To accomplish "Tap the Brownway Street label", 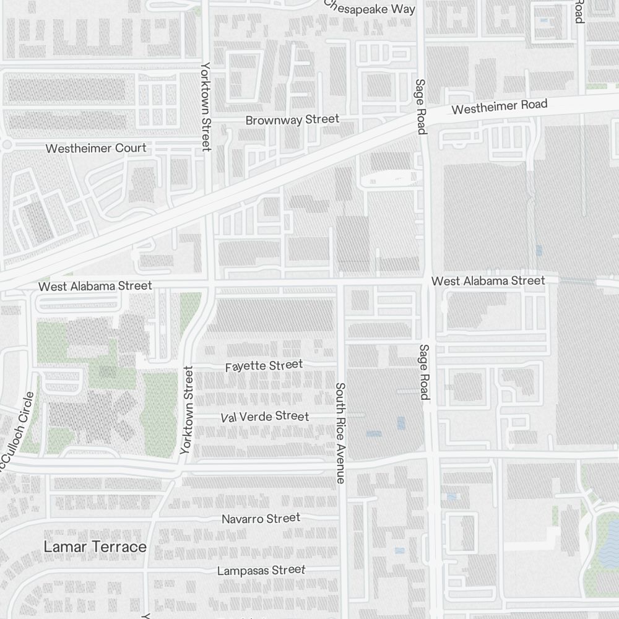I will [292, 119].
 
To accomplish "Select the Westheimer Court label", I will [96, 148].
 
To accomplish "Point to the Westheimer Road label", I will [500, 107].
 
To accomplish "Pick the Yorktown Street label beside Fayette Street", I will [187, 410].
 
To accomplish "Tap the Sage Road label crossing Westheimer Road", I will [421, 106].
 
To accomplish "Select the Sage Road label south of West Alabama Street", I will [423, 371].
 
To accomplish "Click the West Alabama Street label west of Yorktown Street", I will [95, 286].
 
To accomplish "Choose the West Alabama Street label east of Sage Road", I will [488, 281].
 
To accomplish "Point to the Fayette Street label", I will [264, 366].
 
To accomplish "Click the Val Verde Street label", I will [264, 417].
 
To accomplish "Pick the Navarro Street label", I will [261, 518].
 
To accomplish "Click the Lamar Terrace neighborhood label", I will [95, 547].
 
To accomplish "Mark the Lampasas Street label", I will [261, 569].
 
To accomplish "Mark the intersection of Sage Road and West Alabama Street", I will [427, 282].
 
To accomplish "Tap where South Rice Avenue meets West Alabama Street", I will [340, 283].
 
